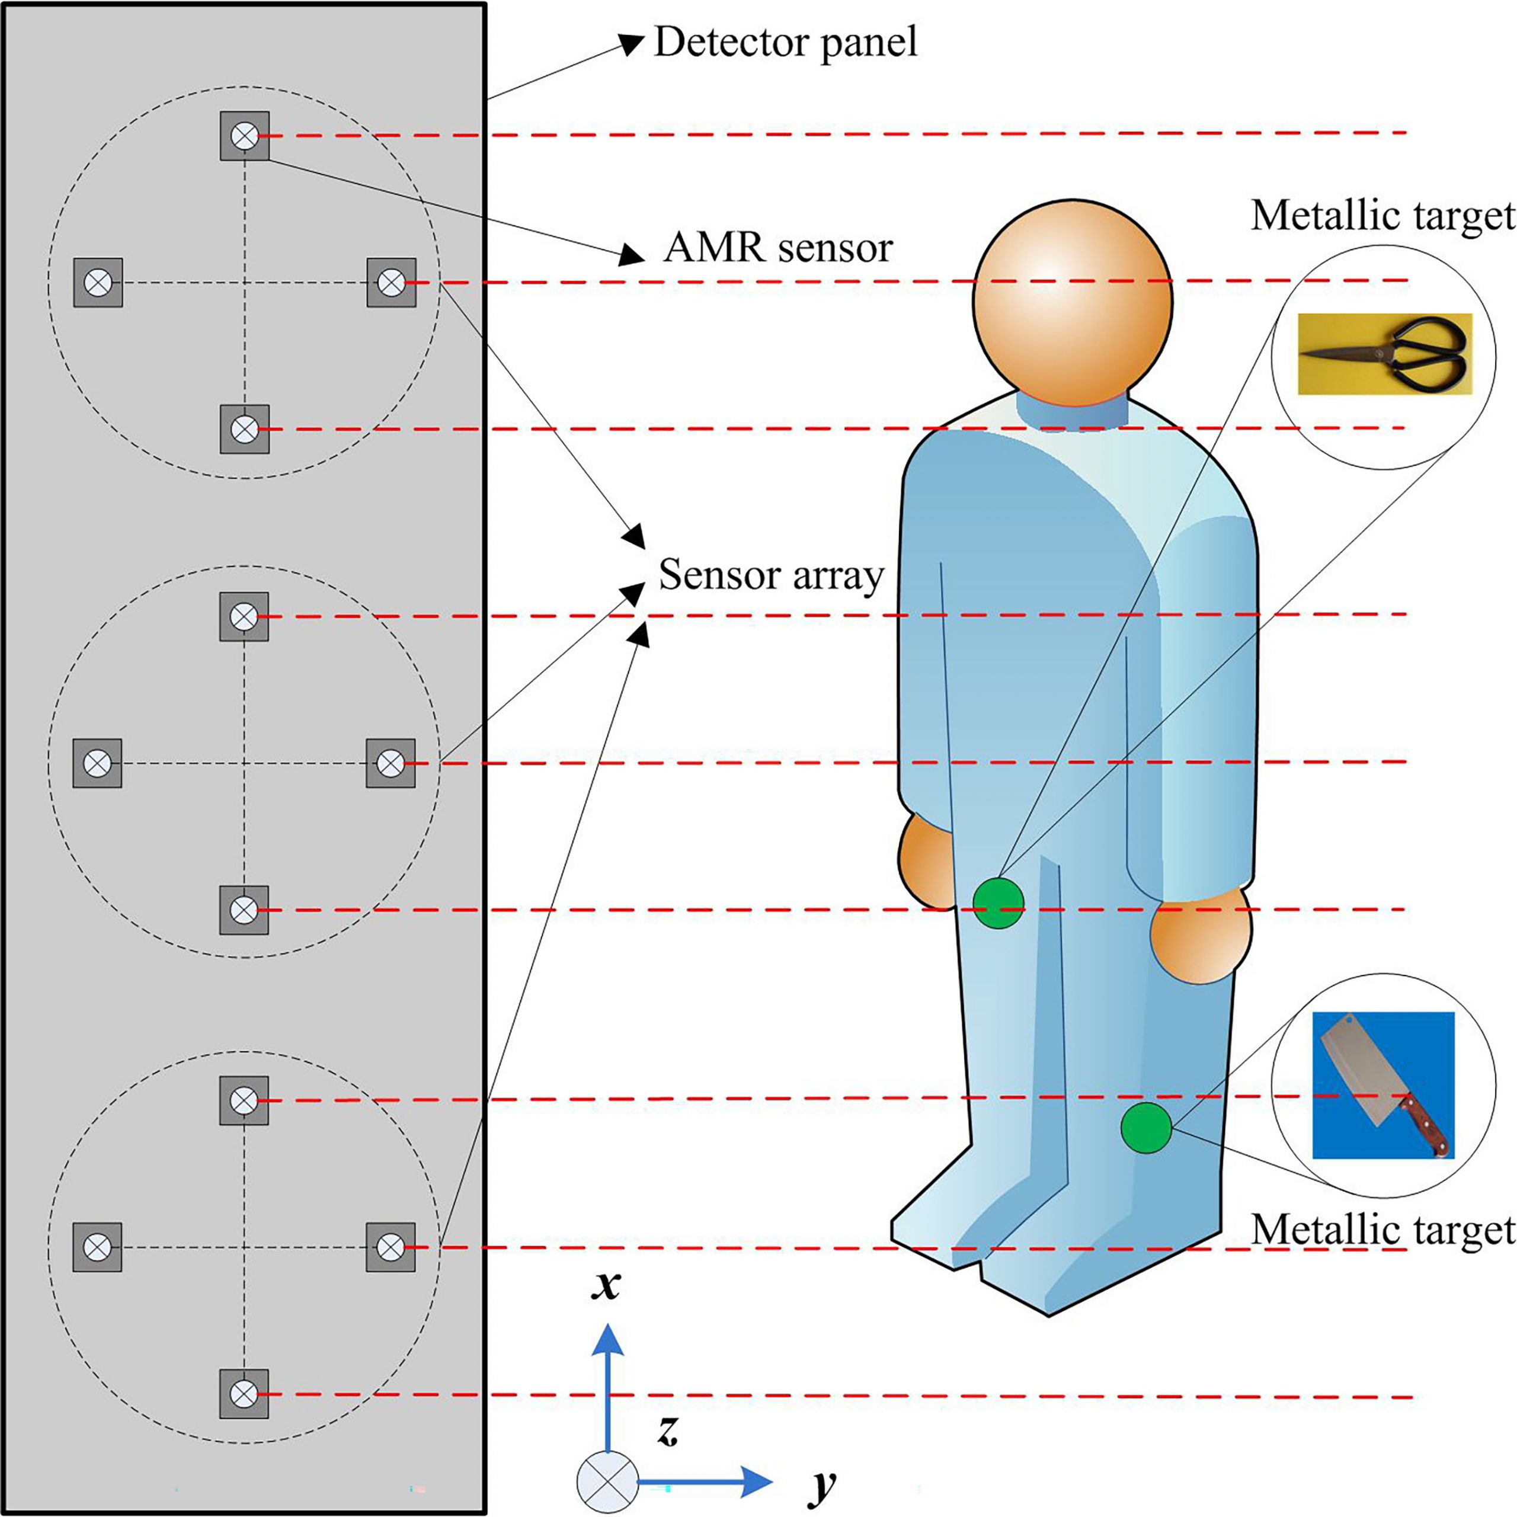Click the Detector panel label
tap(785, 43)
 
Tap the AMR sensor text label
tap(778, 248)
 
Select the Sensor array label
tap(771, 575)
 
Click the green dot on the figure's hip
tap(998, 904)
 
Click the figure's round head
tap(1073, 302)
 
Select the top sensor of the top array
tap(244, 136)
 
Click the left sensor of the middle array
tap(97, 763)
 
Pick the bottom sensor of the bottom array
tap(244, 1394)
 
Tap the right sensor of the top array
tap(391, 282)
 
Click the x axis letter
tap(606, 1285)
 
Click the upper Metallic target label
tap(1382, 215)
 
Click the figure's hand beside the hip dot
tap(924, 858)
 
